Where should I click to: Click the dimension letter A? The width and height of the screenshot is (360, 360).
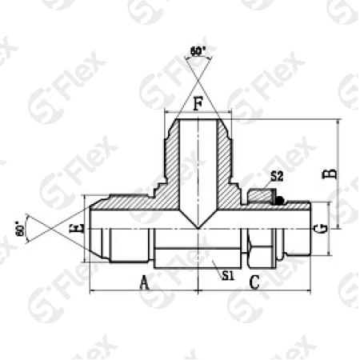pos(145,281)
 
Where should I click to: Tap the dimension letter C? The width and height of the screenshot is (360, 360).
pos(254,281)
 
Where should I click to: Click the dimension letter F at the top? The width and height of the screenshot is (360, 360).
pos(198,102)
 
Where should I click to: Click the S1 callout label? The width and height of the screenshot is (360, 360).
pos(226,275)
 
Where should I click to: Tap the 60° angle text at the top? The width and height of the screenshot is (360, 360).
pos(198,51)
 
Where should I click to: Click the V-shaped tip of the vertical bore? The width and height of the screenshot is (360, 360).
pos(198,226)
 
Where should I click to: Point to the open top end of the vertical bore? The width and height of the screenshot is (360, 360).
pos(198,120)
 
